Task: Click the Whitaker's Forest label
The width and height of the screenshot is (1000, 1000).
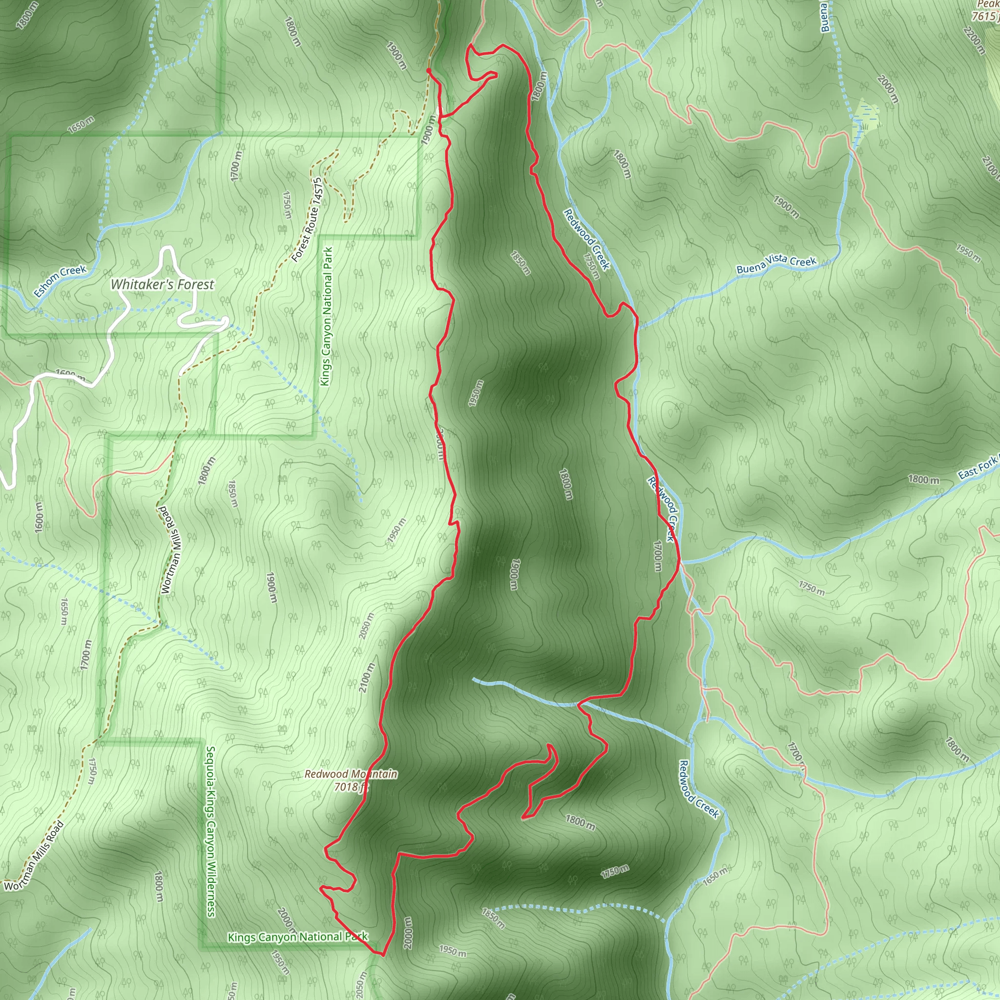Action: [162, 284]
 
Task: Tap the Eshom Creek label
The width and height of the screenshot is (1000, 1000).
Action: [60, 281]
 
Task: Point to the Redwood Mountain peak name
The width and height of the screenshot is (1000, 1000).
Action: [351, 774]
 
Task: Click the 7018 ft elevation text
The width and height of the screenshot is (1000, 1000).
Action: [351, 787]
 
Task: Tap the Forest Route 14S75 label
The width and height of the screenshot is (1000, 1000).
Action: [307, 220]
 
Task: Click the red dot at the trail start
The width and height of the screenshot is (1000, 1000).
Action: [429, 70]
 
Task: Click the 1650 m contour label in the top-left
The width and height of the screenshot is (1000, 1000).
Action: [81, 125]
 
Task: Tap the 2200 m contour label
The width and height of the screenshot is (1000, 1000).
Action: [974, 41]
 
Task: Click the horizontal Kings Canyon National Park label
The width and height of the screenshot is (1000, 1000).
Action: [298, 937]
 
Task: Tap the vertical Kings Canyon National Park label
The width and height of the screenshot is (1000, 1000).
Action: [326, 316]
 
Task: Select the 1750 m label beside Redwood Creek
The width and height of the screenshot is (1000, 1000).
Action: [591, 266]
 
